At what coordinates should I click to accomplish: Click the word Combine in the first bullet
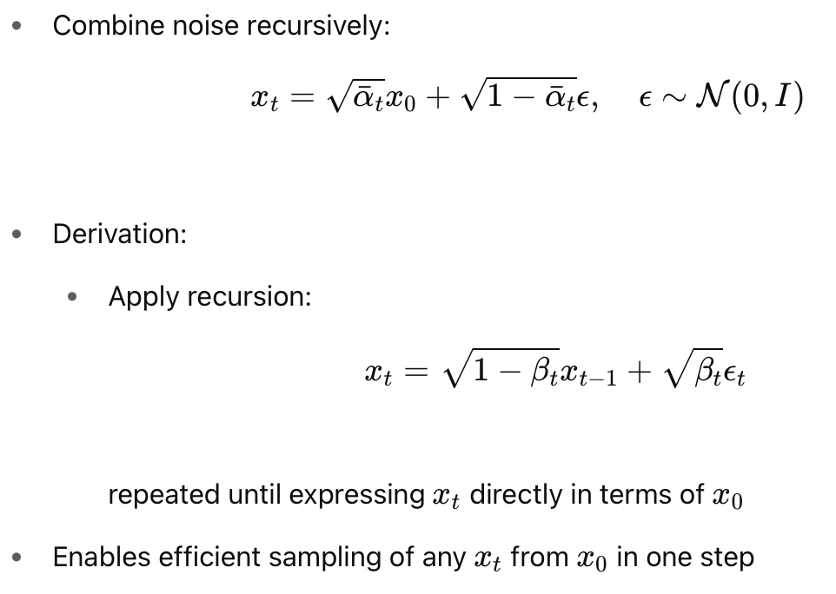97,26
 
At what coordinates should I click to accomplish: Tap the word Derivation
120,234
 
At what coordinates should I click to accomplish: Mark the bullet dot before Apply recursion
74,297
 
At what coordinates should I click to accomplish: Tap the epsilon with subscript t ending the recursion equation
735,377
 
